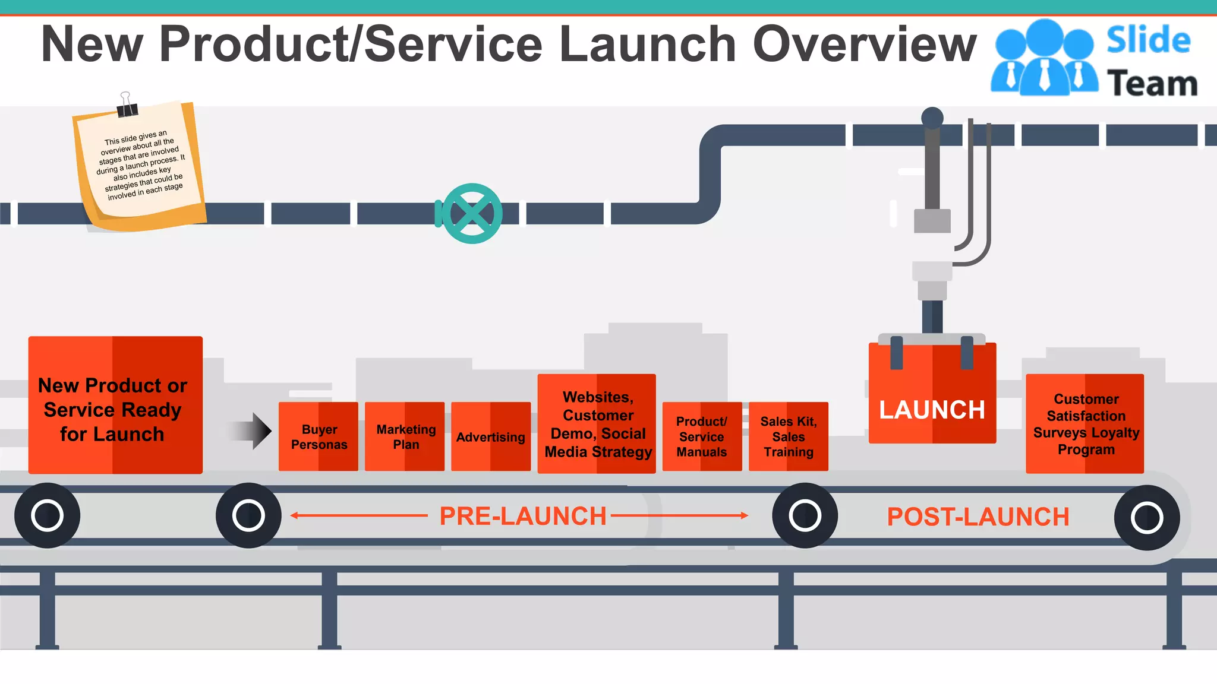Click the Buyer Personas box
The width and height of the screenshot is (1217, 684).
319,436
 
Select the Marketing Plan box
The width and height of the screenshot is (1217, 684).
405,436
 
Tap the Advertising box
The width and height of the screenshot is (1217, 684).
491,437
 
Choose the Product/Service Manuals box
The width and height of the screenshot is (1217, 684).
702,436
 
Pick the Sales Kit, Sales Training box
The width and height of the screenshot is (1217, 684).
789,436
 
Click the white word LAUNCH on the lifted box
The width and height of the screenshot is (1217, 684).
932,410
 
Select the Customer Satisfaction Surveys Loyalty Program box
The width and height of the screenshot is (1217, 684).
1085,424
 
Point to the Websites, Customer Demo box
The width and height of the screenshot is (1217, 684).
597,424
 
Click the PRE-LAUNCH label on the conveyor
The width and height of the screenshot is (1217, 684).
522,516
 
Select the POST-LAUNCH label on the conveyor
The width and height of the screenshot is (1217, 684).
978,517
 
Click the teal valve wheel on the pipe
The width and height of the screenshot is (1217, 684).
472,214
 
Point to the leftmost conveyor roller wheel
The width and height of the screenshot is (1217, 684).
48,515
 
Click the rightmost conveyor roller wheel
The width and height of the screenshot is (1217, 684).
1146,518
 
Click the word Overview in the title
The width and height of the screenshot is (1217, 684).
864,44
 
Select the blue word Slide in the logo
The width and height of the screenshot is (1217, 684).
1148,40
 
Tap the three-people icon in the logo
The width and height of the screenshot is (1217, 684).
1044,58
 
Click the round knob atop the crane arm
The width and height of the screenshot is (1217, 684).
932,117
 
